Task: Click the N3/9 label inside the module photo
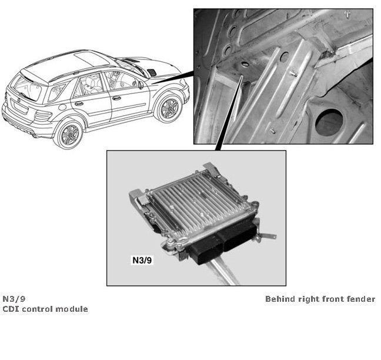pos(142,260)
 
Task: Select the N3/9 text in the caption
pos(14,298)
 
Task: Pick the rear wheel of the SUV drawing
pos(69,135)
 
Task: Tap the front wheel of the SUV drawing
pos(169,108)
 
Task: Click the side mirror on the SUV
pos(141,85)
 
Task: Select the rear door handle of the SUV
pos(79,104)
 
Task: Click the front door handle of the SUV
pos(116,98)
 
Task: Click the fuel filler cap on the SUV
pos(62,107)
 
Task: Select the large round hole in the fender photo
pos(329,122)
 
